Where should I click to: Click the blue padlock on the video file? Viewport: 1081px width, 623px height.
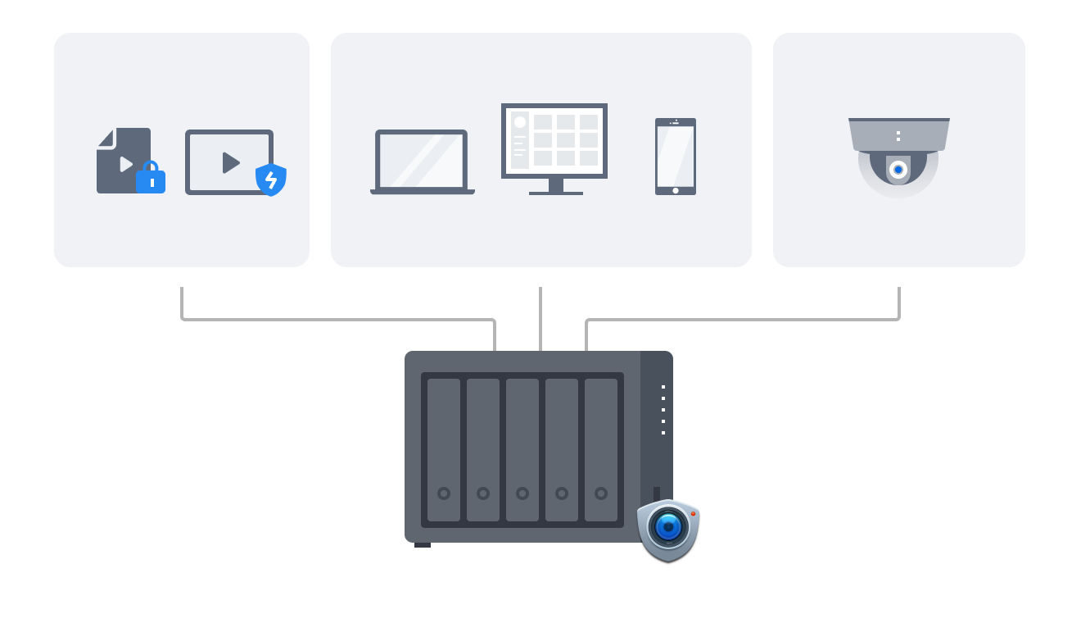(151, 179)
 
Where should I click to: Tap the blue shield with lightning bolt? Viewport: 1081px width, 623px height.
(271, 180)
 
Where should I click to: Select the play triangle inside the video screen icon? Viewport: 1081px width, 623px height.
(231, 162)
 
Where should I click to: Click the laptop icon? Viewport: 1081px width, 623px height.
(422, 161)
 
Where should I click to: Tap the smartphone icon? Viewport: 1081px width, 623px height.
(675, 157)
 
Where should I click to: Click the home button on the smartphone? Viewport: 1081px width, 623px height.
(675, 190)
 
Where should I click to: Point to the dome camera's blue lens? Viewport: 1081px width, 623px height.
(898, 170)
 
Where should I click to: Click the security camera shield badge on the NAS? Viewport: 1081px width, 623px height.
(668, 529)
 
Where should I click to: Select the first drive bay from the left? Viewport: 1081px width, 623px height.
(444, 449)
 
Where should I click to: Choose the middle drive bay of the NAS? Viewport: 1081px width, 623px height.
(522, 449)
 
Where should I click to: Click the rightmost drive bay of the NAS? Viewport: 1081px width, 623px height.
(601, 449)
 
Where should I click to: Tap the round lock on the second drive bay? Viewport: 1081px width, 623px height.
(483, 493)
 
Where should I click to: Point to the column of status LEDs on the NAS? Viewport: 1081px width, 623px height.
(663, 410)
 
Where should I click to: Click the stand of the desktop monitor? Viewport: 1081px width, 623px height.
(556, 187)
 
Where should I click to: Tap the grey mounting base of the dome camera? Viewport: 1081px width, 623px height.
(898, 133)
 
